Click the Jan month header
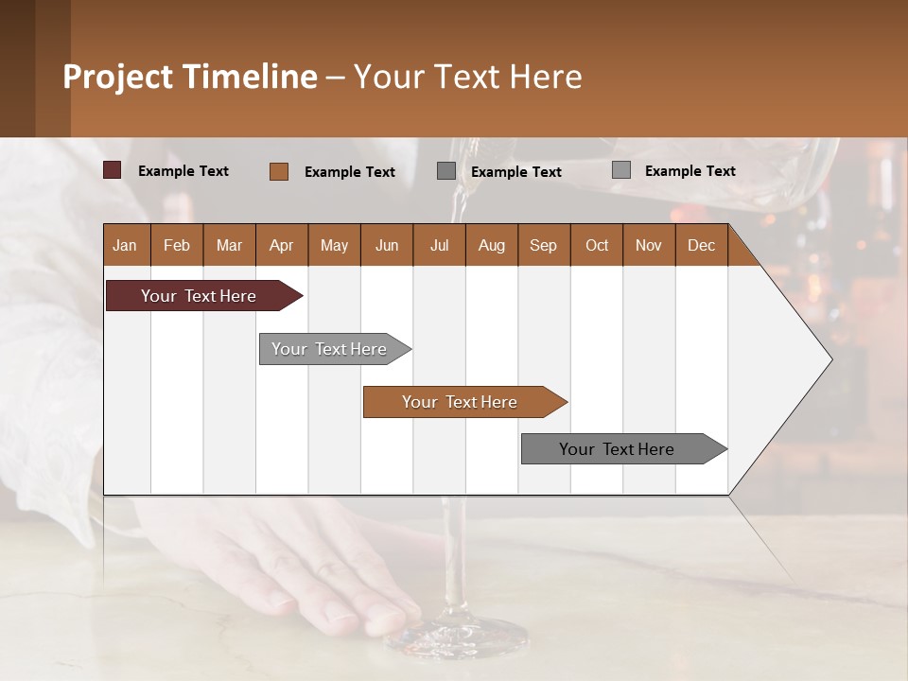tap(125, 245)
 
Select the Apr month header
tap(281, 245)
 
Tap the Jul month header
tap(439, 245)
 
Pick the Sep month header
tap(543, 245)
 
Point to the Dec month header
tap(701, 245)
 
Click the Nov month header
tap(648, 245)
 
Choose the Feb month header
tap(177, 245)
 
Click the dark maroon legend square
tap(113, 170)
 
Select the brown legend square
tap(279, 171)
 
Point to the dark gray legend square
tap(446, 171)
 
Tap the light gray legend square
tap(621, 170)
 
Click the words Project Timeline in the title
tap(189, 77)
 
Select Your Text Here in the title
tap(468, 77)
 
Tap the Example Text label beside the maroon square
tap(183, 170)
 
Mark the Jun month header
tap(386, 245)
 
